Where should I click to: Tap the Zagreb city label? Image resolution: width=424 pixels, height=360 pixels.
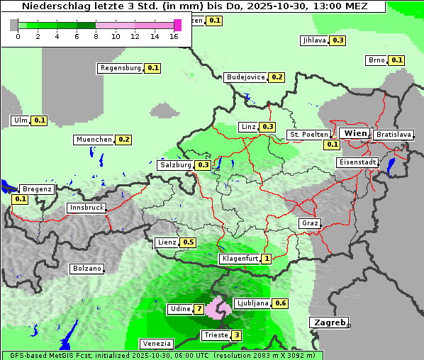coord(328,322)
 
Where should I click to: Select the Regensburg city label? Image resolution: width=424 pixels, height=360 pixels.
coord(121,68)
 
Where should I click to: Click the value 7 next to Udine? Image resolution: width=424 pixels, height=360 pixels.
coord(199,309)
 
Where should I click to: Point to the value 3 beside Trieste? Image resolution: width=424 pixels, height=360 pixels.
coord(236,335)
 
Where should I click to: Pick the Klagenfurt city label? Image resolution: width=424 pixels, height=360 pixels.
coord(240,259)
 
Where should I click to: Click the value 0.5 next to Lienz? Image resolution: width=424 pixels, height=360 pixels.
coord(188,242)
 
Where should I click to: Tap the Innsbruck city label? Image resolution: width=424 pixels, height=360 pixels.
coord(87,208)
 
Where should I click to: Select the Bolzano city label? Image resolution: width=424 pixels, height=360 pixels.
coord(87,269)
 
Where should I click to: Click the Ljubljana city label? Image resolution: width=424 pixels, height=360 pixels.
coord(252,303)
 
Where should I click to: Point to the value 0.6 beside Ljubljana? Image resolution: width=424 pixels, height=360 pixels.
coord(281,303)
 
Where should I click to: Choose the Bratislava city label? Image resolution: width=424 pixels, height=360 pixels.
coord(394,134)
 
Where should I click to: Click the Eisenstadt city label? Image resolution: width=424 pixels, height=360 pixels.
coord(357,162)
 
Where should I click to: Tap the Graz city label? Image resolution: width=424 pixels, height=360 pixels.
coord(310,223)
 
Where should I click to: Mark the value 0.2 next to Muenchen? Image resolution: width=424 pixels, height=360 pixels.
coord(124,140)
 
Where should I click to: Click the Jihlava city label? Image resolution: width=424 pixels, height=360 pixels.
coord(313,40)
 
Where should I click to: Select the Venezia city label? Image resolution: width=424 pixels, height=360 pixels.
coord(157,344)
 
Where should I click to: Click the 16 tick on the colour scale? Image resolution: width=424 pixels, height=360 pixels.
coord(174,35)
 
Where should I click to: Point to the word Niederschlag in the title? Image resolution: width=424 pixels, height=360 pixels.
coord(56,6)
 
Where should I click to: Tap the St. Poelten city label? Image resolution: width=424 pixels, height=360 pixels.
coord(308,134)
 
